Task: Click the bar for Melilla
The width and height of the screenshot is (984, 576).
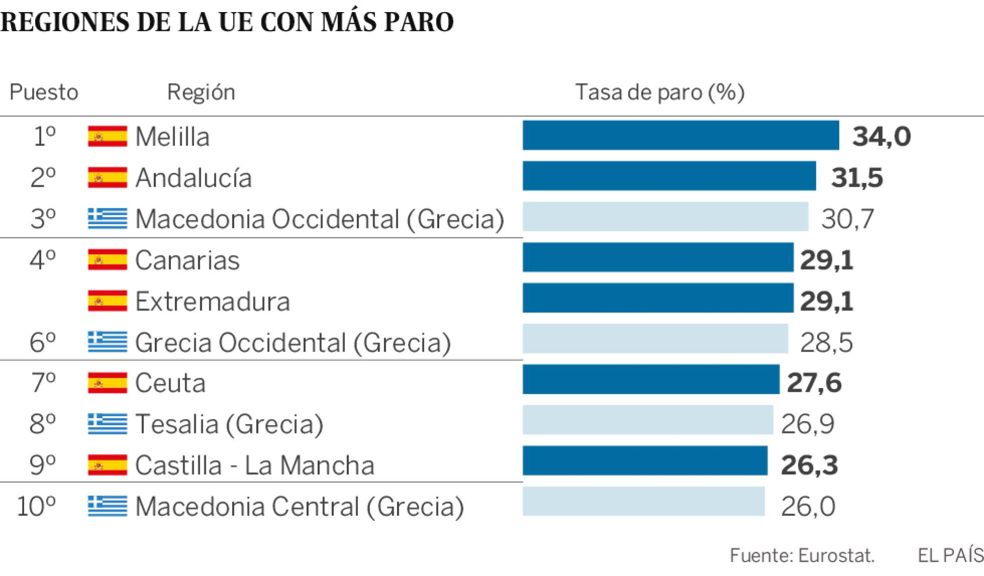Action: pos(680,136)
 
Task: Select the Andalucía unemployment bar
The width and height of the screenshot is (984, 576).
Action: pos(669,176)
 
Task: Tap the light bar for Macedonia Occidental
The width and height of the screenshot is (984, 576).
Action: pos(665,217)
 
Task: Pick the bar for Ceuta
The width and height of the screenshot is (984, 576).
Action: pos(651,380)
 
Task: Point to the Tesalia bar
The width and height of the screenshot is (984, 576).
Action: pos(648,420)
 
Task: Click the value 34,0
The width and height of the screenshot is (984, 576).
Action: pos(881,137)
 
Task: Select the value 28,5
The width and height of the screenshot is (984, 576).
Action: pos(826,342)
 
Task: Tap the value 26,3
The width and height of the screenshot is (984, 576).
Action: pos(809,465)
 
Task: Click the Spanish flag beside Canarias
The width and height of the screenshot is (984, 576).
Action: pos(107,260)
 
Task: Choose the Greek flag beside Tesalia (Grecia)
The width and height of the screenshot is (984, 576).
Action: pos(107,423)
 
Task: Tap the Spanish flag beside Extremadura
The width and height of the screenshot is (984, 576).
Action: pos(107,301)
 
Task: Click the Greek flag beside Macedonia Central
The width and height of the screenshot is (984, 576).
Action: pos(107,506)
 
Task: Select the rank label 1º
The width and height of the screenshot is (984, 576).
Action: pos(44,136)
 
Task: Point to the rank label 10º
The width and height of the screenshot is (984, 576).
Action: pos(36,506)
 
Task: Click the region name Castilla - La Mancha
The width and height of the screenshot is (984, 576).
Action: pos(255,465)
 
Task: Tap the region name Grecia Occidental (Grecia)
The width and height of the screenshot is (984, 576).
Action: pos(293,342)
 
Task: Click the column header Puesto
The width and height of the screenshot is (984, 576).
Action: pos(44,92)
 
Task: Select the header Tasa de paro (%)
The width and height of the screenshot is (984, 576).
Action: pos(659,92)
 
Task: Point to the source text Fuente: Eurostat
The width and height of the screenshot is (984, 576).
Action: pos(802,555)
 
